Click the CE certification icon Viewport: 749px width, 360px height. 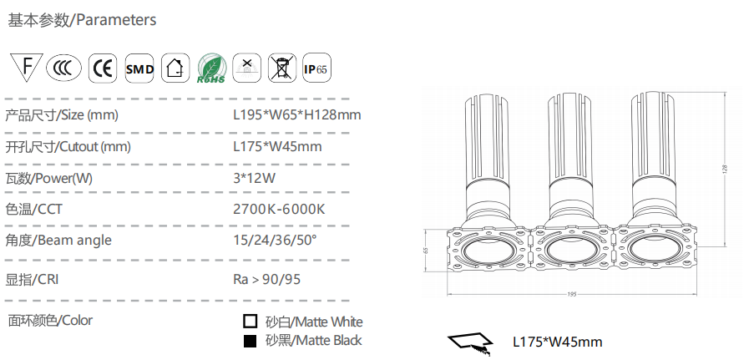click(x=103, y=68)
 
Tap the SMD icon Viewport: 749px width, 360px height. click(x=139, y=68)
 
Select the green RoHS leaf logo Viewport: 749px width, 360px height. click(x=211, y=68)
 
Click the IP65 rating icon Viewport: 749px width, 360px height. click(x=316, y=68)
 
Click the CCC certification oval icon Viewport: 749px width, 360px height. click(x=64, y=68)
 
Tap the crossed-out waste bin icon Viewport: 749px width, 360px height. click(x=282, y=68)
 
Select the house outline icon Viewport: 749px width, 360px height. click(x=175, y=68)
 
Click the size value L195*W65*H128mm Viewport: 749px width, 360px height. click(x=297, y=114)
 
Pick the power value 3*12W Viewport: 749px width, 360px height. click(x=254, y=178)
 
